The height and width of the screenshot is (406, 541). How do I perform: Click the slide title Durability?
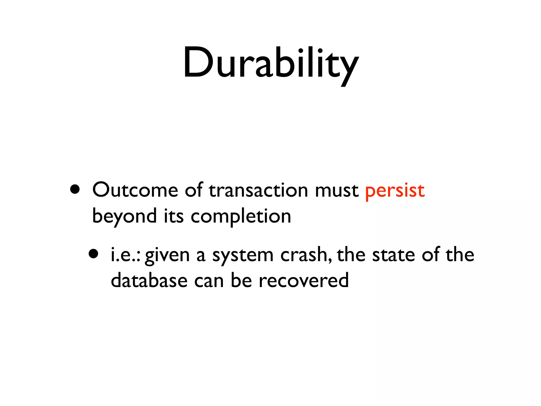[270, 63]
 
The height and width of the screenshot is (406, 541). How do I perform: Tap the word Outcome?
[135, 190]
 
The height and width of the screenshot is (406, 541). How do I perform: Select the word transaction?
[258, 190]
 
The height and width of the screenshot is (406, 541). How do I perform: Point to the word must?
[337, 190]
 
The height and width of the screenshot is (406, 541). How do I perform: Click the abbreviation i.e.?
[125, 255]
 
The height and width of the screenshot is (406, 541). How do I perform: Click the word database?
[149, 281]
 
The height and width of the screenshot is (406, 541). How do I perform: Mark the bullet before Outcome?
[75, 189]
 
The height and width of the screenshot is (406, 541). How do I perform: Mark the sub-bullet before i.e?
[94, 254]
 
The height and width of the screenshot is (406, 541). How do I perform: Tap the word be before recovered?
[241, 281]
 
